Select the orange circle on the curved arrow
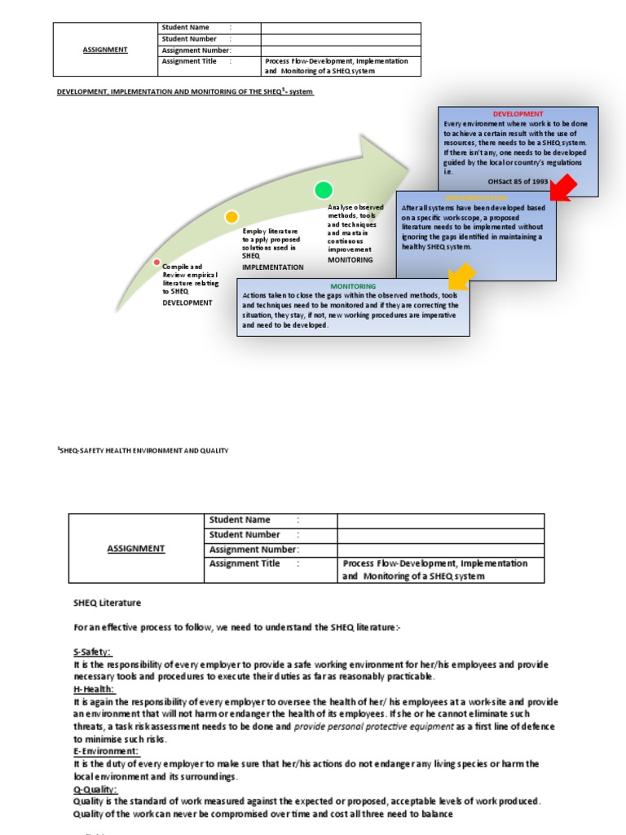pyautogui.click(x=231, y=217)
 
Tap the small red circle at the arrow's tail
pyautogui.click(x=156, y=262)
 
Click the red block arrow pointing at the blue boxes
pyautogui.click(x=562, y=188)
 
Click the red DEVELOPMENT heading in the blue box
pyautogui.click(x=518, y=114)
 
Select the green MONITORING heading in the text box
pyautogui.click(x=353, y=286)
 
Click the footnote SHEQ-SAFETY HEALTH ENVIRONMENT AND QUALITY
pyautogui.click(x=143, y=450)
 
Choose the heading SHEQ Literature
pyautogui.click(x=107, y=603)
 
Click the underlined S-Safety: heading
pyautogui.click(x=92, y=652)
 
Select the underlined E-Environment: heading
pyautogui.click(x=106, y=751)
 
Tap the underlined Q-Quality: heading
pyautogui.click(x=95, y=789)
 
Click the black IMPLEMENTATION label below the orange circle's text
pyautogui.click(x=273, y=267)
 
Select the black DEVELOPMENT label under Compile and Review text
pyautogui.click(x=187, y=303)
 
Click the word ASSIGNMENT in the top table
pyautogui.click(x=105, y=50)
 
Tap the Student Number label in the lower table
pyautogui.click(x=245, y=535)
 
